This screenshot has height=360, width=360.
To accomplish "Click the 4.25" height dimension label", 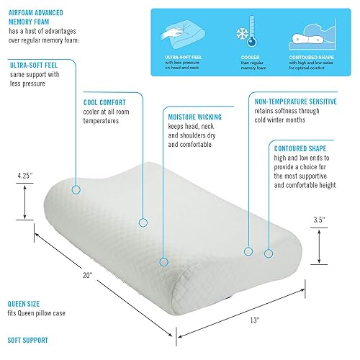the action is [24, 176].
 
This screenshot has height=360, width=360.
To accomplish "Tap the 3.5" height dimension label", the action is [319, 220].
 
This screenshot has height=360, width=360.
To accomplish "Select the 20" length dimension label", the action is [88, 275].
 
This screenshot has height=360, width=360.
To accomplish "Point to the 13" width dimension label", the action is [255, 320].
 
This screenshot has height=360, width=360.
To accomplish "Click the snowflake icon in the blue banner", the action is [242, 33].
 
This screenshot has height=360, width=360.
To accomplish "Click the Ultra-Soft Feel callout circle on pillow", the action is [76, 190].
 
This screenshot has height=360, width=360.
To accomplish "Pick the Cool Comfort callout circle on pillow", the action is [143, 223].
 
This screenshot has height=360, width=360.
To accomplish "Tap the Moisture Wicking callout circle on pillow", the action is [163, 262].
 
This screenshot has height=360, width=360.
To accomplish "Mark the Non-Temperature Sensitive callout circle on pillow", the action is [248, 251].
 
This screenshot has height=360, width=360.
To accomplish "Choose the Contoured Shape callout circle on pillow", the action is [269, 253].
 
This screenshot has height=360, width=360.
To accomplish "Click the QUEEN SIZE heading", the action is [24, 304].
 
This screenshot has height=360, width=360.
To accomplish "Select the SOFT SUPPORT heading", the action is [27, 341].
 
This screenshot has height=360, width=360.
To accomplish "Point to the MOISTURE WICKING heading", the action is [194, 117].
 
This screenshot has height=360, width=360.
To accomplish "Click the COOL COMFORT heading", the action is [104, 103].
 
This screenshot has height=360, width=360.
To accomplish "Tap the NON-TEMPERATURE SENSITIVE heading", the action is [296, 102].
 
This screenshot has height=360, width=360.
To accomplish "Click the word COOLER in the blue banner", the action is [250, 58].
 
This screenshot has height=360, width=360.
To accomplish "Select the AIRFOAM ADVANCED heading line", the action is [36, 13].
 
